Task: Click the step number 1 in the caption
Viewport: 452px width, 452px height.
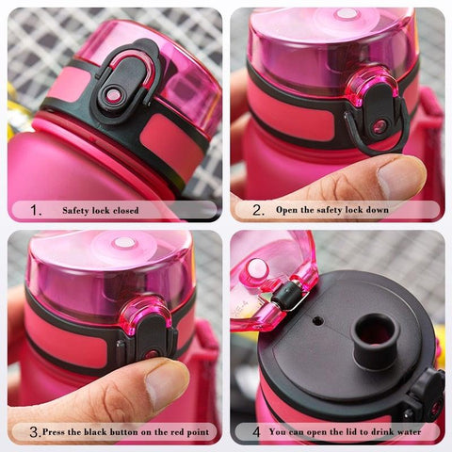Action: [x=35, y=210]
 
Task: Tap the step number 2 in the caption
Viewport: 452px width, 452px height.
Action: [x=257, y=210]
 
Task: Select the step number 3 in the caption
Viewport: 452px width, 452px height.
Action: [x=34, y=432]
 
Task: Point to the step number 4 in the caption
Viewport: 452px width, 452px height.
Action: [x=255, y=432]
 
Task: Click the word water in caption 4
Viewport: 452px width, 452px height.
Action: [x=419, y=432]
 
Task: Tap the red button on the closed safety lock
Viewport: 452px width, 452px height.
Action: [x=114, y=94]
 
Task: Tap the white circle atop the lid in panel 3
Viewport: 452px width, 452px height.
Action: [x=124, y=243]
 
